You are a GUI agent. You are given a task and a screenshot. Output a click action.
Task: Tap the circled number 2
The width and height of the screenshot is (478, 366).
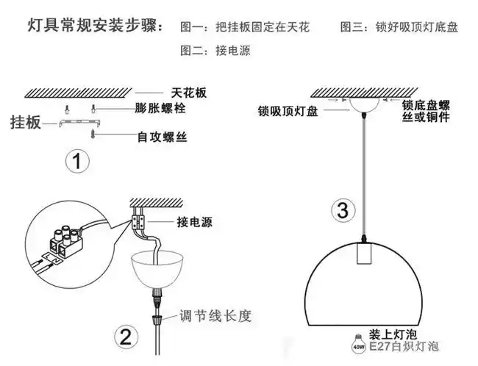tap(125, 336)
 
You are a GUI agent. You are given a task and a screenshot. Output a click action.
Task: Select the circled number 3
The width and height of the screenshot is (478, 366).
tap(341, 210)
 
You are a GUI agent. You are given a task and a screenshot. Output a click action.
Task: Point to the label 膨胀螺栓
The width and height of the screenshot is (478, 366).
tap(160, 108)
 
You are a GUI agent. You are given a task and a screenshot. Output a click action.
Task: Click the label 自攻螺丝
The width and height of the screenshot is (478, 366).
tap(163, 137)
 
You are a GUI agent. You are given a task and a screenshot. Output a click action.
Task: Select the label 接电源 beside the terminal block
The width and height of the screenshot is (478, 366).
tap(194, 222)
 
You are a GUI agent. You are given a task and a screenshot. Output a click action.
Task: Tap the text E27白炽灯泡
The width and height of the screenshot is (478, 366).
tap(403, 345)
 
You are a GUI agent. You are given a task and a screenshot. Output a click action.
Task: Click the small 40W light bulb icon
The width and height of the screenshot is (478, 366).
tap(359, 343)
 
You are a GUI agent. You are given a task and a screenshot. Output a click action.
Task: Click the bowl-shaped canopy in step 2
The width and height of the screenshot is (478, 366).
tap(155, 267)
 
